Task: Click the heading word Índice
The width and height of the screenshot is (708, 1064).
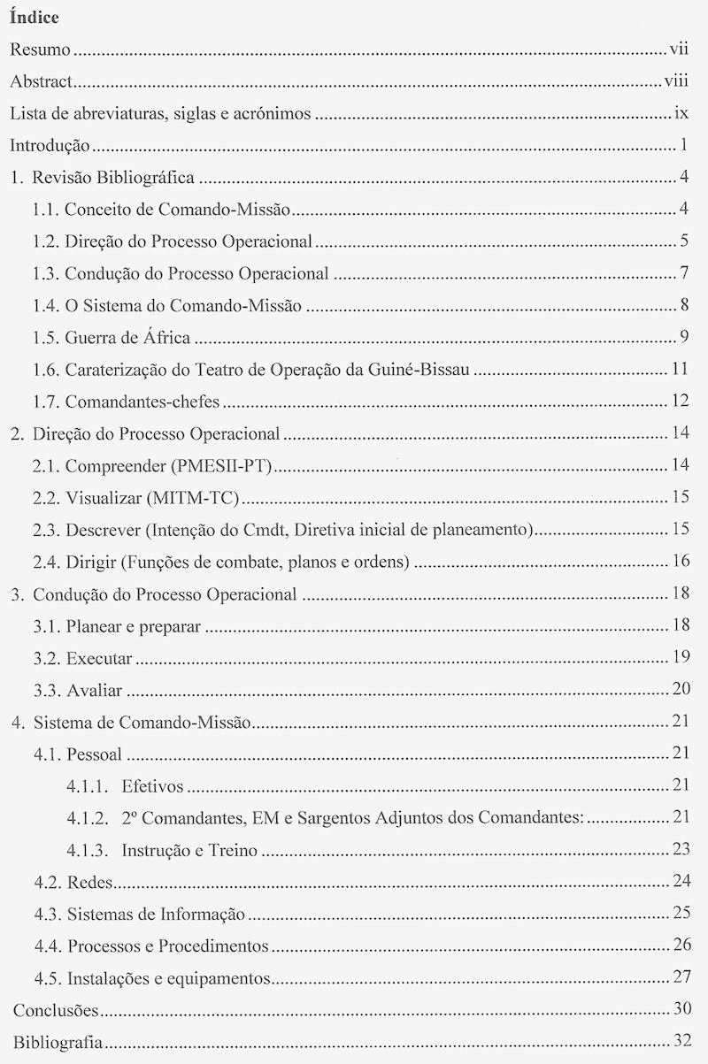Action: coord(34,17)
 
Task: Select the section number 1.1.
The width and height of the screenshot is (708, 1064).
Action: coord(46,210)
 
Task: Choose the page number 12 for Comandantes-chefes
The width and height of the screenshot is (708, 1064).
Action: coord(680,401)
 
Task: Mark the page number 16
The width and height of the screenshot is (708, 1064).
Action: coord(680,561)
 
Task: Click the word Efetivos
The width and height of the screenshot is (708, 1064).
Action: coord(152,785)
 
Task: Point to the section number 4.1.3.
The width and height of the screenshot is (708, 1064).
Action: coord(88,850)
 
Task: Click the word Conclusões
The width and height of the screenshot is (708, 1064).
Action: coord(55,1010)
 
